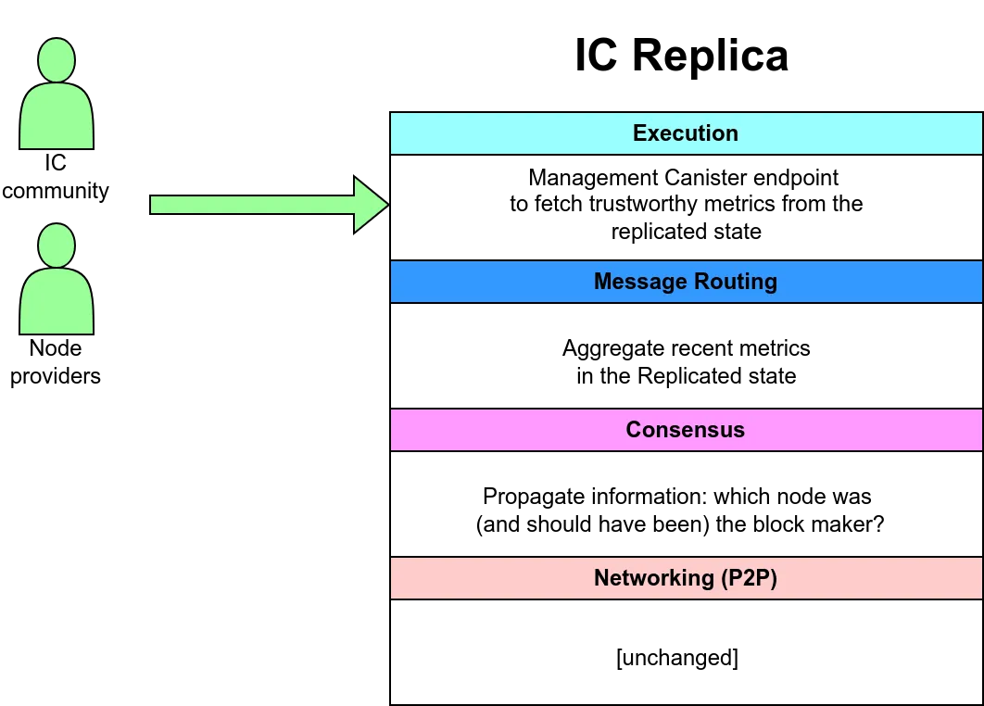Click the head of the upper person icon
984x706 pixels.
click(x=57, y=60)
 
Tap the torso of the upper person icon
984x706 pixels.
click(x=57, y=118)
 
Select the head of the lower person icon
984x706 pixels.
click(x=57, y=246)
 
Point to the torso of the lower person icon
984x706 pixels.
click(x=57, y=303)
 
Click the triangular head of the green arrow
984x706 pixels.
click(x=370, y=205)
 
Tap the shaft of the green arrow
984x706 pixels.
click(x=250, y=205)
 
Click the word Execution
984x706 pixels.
click(x=686, y=133)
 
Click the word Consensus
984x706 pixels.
click(x=686, y=430)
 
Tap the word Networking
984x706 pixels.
click(x=654, y=578)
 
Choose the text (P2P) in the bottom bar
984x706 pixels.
click(x=749, y=578)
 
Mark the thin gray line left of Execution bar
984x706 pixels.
click(x=387, y=133)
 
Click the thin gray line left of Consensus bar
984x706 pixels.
click(x=387, y=430)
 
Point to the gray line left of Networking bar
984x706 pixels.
click(x=387, y=578)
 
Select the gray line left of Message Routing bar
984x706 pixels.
click(x=387, y=282)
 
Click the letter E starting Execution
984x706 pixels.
click(x=639, y=133)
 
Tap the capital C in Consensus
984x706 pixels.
click(x=634, y=430)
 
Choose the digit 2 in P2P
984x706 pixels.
click(x=749, y=578)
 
